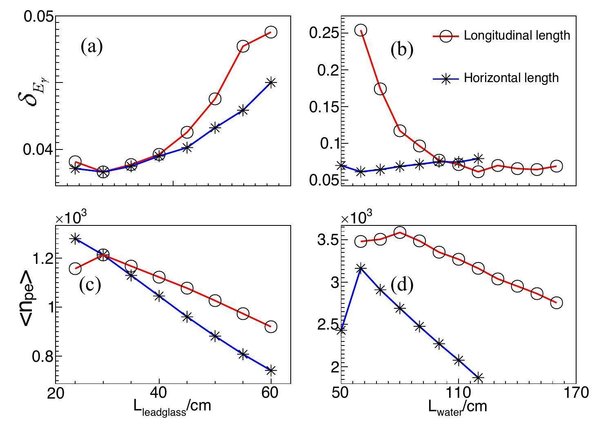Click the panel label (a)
(x=91, y=46)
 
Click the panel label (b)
(x=402, y=49)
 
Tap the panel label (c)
(x=90, y=285)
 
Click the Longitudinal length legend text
(x=517, y=36)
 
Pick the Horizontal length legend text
(x=511, y=78)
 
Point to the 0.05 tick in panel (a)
(x=38, y=17)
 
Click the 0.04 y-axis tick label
(x=38, y=150)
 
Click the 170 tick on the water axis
(x=576, y=393)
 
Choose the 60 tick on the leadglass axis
(x=270, y=393)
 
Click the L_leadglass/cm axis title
(x=172, y=406)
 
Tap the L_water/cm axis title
(x=457, y=406)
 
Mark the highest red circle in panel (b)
(x=361, y=30)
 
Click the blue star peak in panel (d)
(x=361, y=268)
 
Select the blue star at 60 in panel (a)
(x=271, y=82)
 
